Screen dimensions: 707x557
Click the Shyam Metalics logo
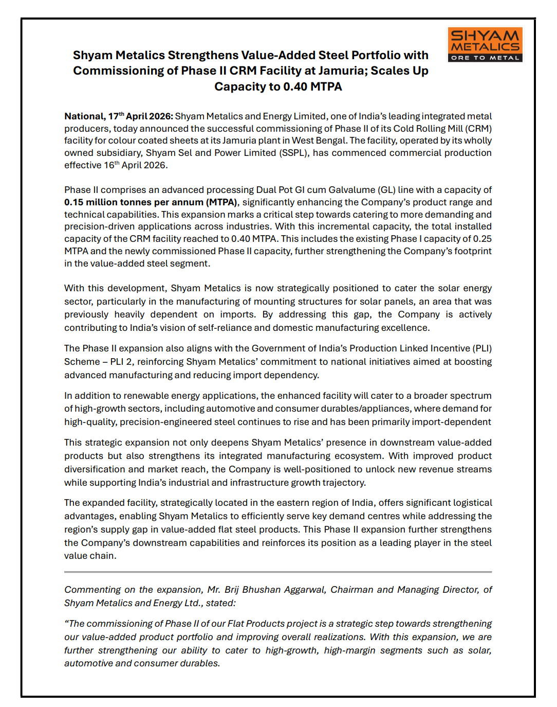point(485,44)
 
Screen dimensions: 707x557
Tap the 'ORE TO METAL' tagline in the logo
point(485,58)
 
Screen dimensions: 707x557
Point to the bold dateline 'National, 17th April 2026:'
point(119,116)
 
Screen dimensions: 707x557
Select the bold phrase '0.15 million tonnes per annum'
point(134,202)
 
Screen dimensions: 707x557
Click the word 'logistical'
point(471,503)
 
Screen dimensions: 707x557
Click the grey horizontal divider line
point(278,572)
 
